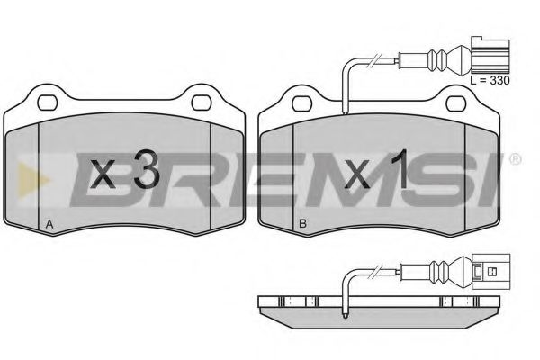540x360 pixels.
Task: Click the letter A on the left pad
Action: click(49, 225)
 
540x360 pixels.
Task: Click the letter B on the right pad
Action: click(302, 224)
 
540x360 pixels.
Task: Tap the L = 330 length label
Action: click(490, 81)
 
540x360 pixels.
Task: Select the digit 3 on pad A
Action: click(146, 169)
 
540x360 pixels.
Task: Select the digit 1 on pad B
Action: click(400, 169)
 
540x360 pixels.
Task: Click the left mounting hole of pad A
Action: click(47, 103)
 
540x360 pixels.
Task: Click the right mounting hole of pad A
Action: click(201, 103)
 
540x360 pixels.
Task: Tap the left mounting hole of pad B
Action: click(302, 103)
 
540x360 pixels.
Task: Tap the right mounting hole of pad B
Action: click(456, 103)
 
